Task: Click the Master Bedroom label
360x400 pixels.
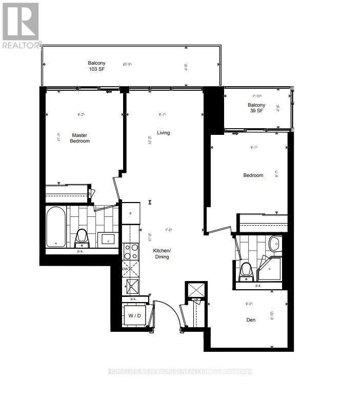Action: click(80, 138)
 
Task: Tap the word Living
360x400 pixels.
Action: click(163, 133)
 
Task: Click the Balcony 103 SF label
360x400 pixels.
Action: click(96, 66)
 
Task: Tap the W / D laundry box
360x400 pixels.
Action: click(134, 316)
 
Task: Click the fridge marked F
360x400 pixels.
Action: click(131, 213)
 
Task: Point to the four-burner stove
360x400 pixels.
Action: click(131, 251)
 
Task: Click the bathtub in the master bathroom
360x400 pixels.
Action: click(55, 226)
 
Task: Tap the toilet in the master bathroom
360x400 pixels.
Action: click(82, 237)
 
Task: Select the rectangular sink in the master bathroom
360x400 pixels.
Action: click(109, 238)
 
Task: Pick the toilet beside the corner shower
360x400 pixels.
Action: click(247, 270)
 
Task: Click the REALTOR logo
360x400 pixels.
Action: click(21, 26)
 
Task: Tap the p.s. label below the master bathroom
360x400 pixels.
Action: click(81, 251)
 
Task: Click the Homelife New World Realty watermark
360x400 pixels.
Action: click(180, 371)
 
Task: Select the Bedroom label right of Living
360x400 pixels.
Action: click(253, 175)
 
